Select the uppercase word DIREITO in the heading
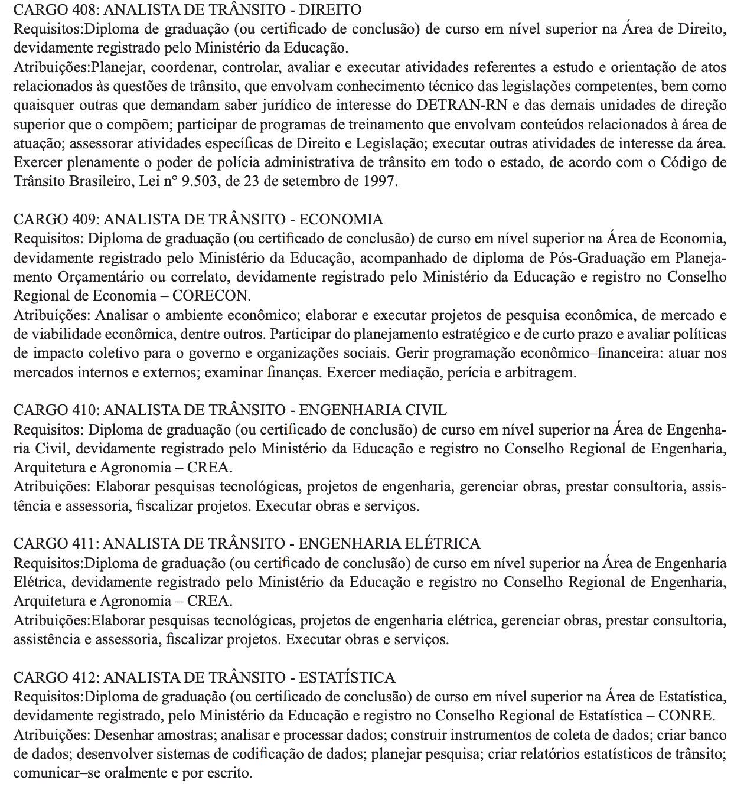point(331,9)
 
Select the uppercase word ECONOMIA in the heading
point(341,219)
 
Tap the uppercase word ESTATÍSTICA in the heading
point(347,677)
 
